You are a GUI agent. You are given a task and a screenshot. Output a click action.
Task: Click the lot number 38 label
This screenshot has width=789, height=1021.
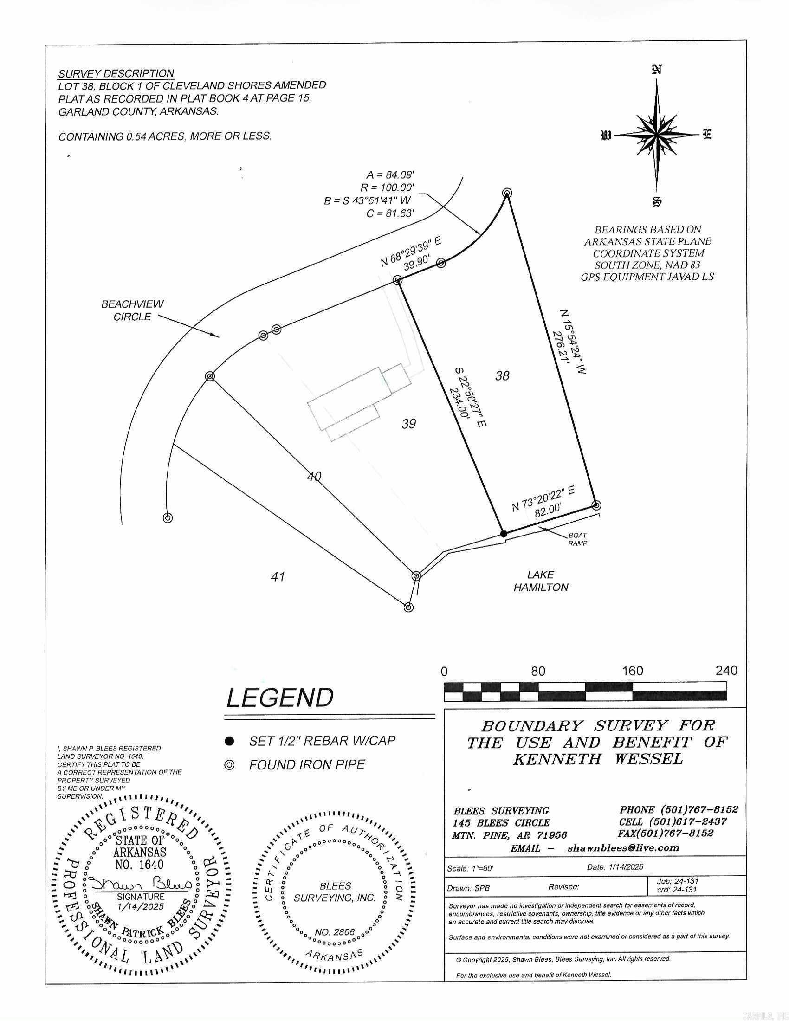[x=502, y=375]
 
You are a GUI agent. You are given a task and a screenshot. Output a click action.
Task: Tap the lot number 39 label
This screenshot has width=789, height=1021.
[x=409, y=424]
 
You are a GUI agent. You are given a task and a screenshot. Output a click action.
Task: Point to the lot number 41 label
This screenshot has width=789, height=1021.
[x=278, y=577]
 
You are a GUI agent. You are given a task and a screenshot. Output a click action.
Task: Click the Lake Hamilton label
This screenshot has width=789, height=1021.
[x=541, y=581]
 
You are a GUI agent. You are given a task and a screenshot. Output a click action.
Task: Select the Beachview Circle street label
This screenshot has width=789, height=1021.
[x=133, y=310]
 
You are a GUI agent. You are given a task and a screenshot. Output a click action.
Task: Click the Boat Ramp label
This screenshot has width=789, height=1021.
[x=578, y=539]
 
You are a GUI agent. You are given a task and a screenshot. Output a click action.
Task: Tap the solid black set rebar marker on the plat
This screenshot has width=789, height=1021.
[x=504, y=533]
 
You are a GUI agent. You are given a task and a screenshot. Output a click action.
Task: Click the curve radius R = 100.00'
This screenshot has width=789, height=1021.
[x=388, y=188]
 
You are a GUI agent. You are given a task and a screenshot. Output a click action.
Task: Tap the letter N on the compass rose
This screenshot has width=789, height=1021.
[x=657, y=70]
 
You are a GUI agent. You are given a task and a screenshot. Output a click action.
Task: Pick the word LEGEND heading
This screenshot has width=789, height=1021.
[x=279, y=698]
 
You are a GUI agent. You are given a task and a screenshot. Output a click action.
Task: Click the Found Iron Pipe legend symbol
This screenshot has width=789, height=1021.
[x=229, y=765]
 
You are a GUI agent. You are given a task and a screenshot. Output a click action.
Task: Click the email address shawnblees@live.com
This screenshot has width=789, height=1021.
[x=623, y=848]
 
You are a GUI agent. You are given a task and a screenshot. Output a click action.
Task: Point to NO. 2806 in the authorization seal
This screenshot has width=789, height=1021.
[x=335, y=932]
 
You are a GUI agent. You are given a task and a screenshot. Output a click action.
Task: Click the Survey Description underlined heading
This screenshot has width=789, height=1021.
[x=116, y=73]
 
